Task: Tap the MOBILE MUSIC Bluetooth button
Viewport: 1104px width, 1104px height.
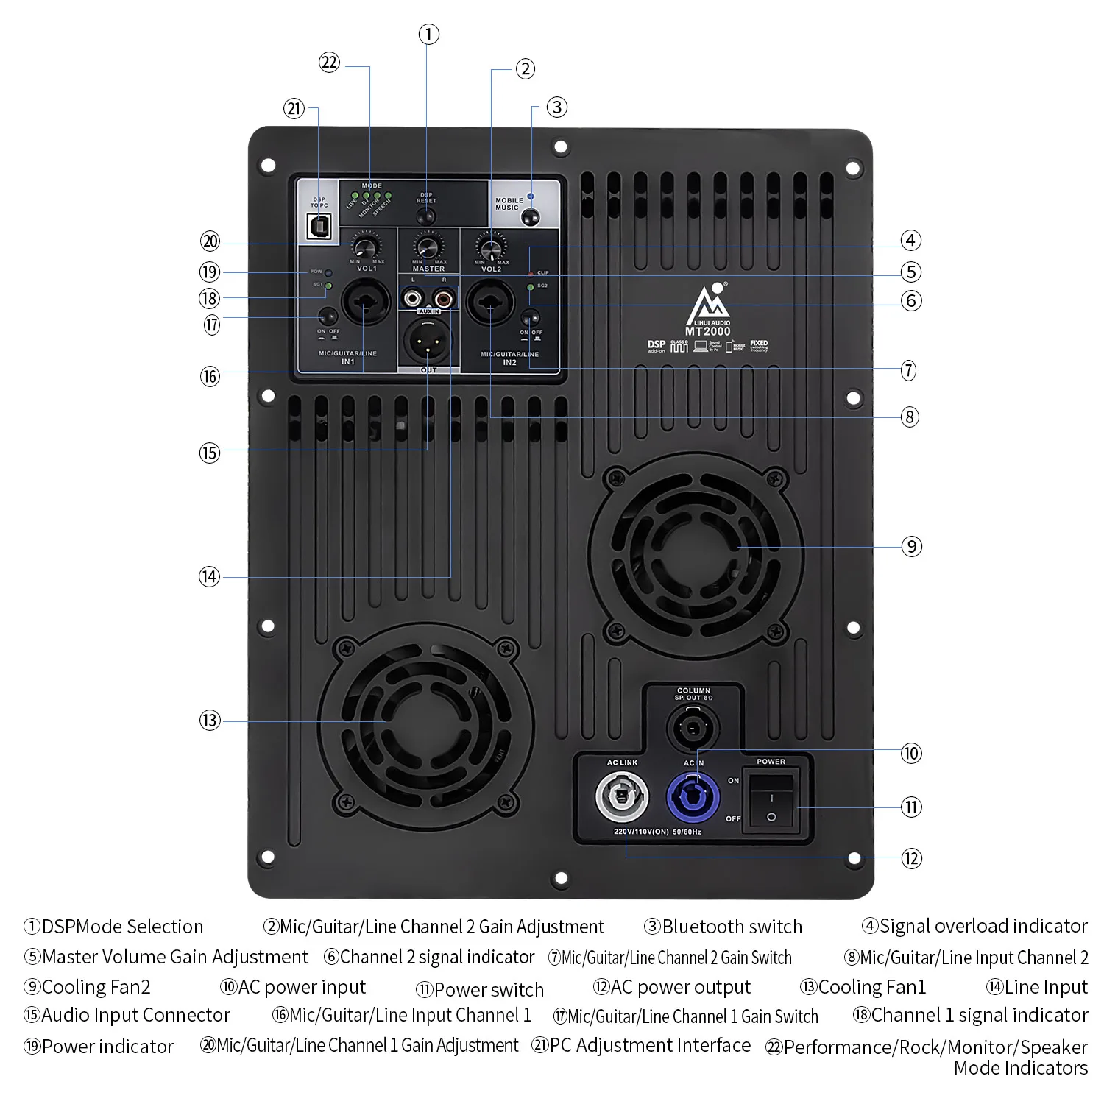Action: click(x=530, y=216)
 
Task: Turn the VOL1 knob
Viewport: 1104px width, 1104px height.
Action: click(x=366, y=246)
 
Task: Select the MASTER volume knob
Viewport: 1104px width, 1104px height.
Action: click(x=428, y=246)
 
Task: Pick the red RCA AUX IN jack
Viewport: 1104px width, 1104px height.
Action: click(x=444, y=298)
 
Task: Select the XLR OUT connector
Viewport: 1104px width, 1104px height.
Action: click(x=428, y=340)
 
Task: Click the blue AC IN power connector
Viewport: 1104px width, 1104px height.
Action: click(x=693, y=796)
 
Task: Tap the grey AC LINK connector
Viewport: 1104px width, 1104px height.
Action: click(x=622, y=796)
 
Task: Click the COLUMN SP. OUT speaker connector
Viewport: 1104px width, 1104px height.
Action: click(x=692, y=728)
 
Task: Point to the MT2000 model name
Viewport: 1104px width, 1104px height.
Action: click(x=707, y=331)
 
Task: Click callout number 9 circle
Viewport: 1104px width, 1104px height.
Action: click(x=911, y=547)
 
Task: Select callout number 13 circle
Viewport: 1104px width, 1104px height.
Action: click(x=210, y=721)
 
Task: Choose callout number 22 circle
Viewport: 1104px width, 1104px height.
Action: click(x=329, y=63)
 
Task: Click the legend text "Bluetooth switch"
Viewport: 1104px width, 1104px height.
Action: click(x=732, y=927)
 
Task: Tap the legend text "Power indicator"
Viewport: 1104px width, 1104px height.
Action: click(x=107, y=1047)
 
